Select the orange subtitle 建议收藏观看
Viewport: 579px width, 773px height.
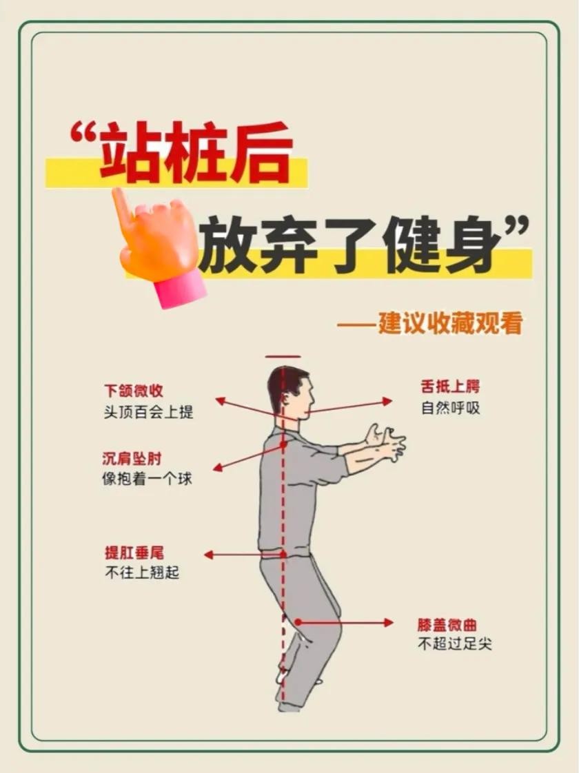click(450, 323)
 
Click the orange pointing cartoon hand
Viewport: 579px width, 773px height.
click(154, 234)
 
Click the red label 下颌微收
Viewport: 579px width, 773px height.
click(133, 391)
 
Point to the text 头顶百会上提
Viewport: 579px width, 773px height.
click(148, 411)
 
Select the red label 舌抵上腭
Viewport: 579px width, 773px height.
click(450, 386)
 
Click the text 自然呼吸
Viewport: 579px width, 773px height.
click(450, 408)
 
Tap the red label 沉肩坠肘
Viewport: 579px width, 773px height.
click(132, 458)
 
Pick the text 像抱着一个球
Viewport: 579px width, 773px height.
click(147, 479)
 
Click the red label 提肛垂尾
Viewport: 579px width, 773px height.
click(134, 553)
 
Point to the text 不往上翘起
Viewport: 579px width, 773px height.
click(142, 573)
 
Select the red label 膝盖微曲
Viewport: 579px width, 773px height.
click(447, 625)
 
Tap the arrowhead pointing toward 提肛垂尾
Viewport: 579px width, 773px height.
click(209, 555)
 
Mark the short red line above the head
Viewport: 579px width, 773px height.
click(283, 356)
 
